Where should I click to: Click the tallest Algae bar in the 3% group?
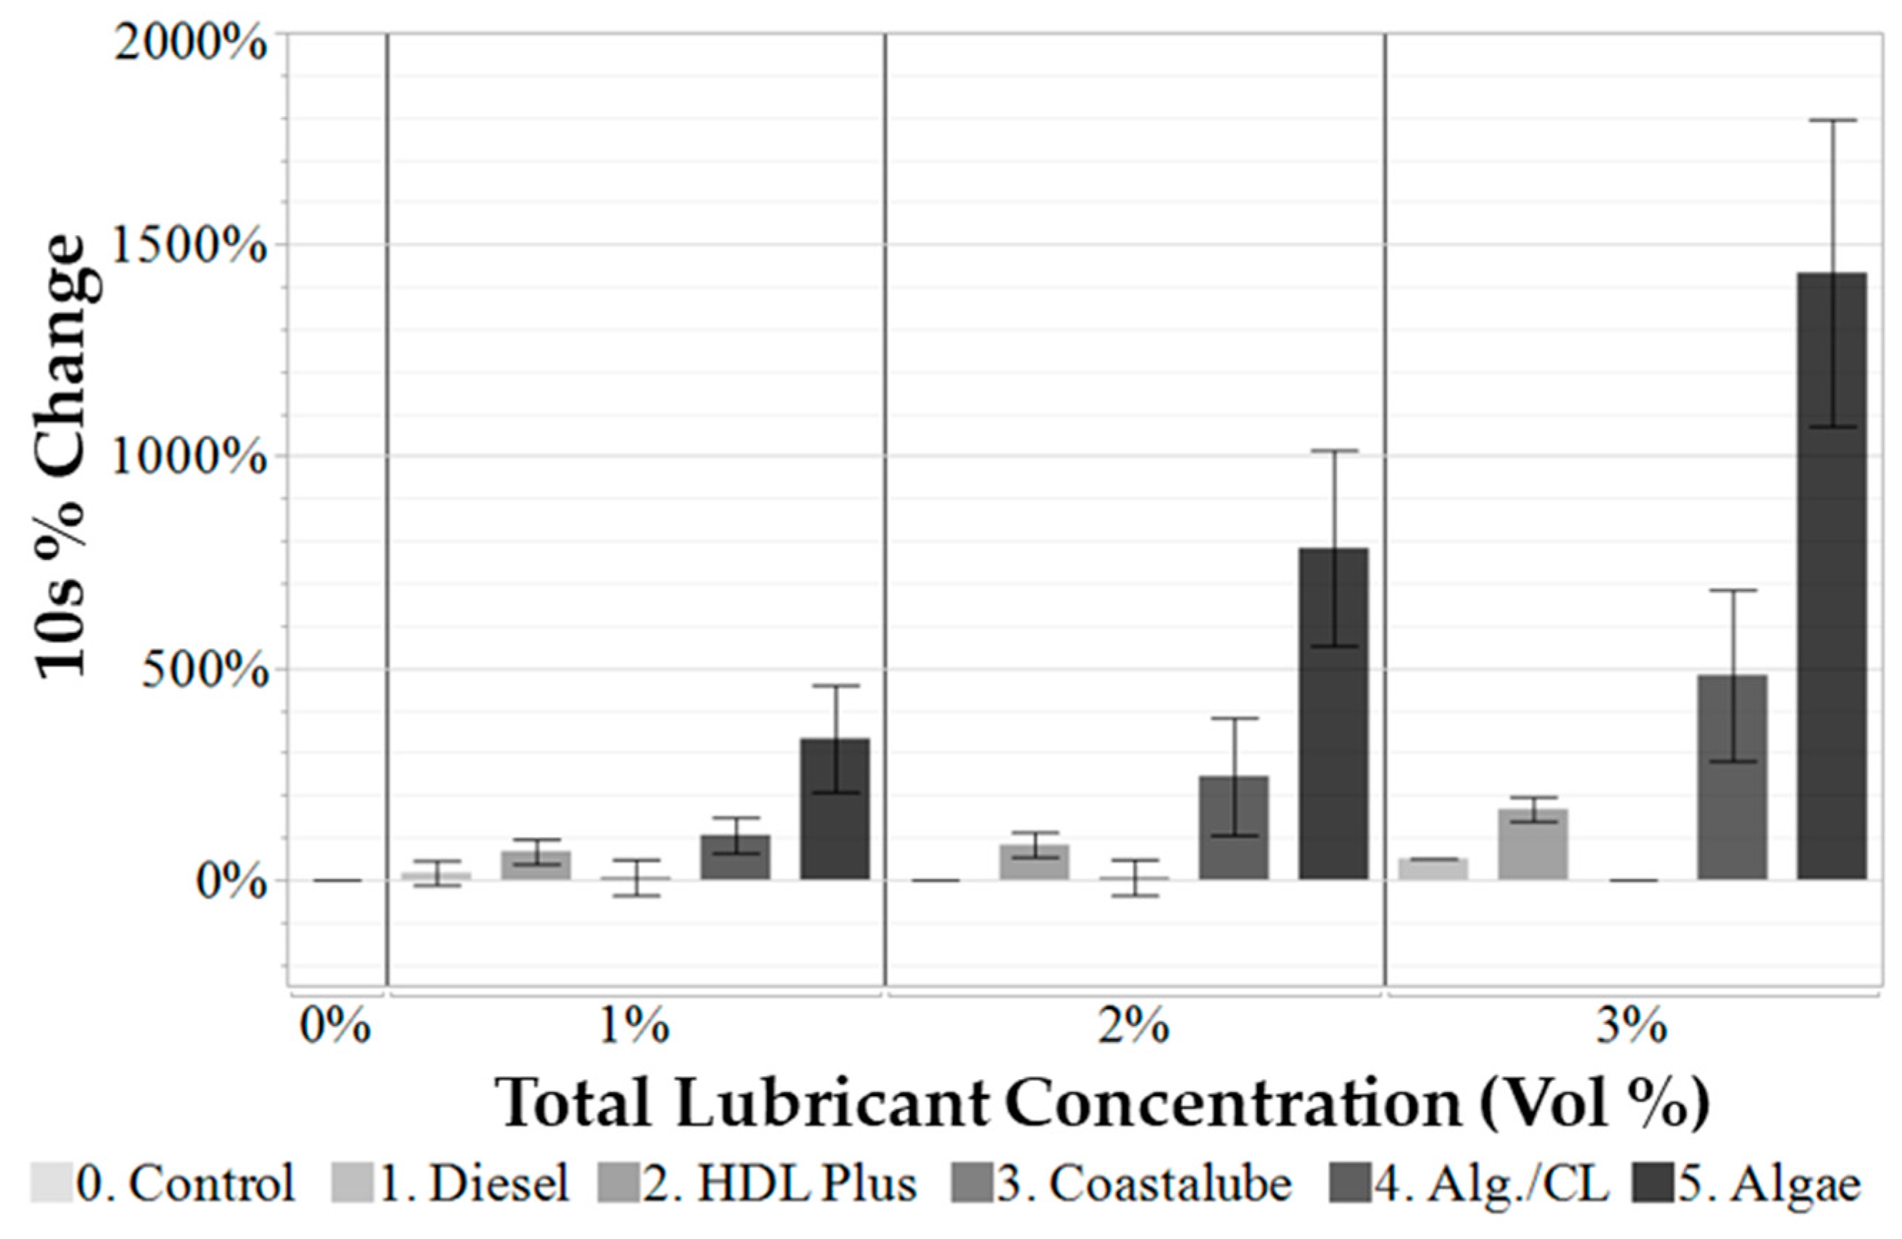[x=1832, y=575]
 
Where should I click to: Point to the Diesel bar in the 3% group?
[x=1433, y=868]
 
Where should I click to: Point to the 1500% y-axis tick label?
[x=189, y=247]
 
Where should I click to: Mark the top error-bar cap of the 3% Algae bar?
[x=1832, y=121]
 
